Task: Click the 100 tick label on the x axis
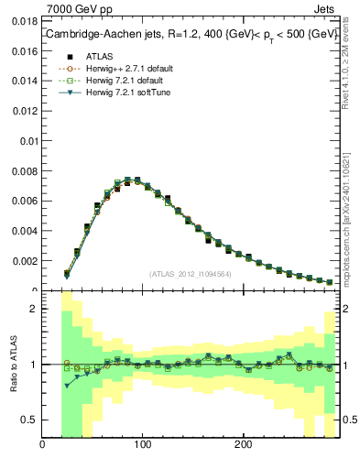142,445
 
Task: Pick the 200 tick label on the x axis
243,445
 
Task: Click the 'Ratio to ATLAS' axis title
13,365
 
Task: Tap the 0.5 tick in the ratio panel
30,420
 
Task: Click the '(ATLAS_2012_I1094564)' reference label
190,273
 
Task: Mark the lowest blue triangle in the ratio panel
67,386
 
